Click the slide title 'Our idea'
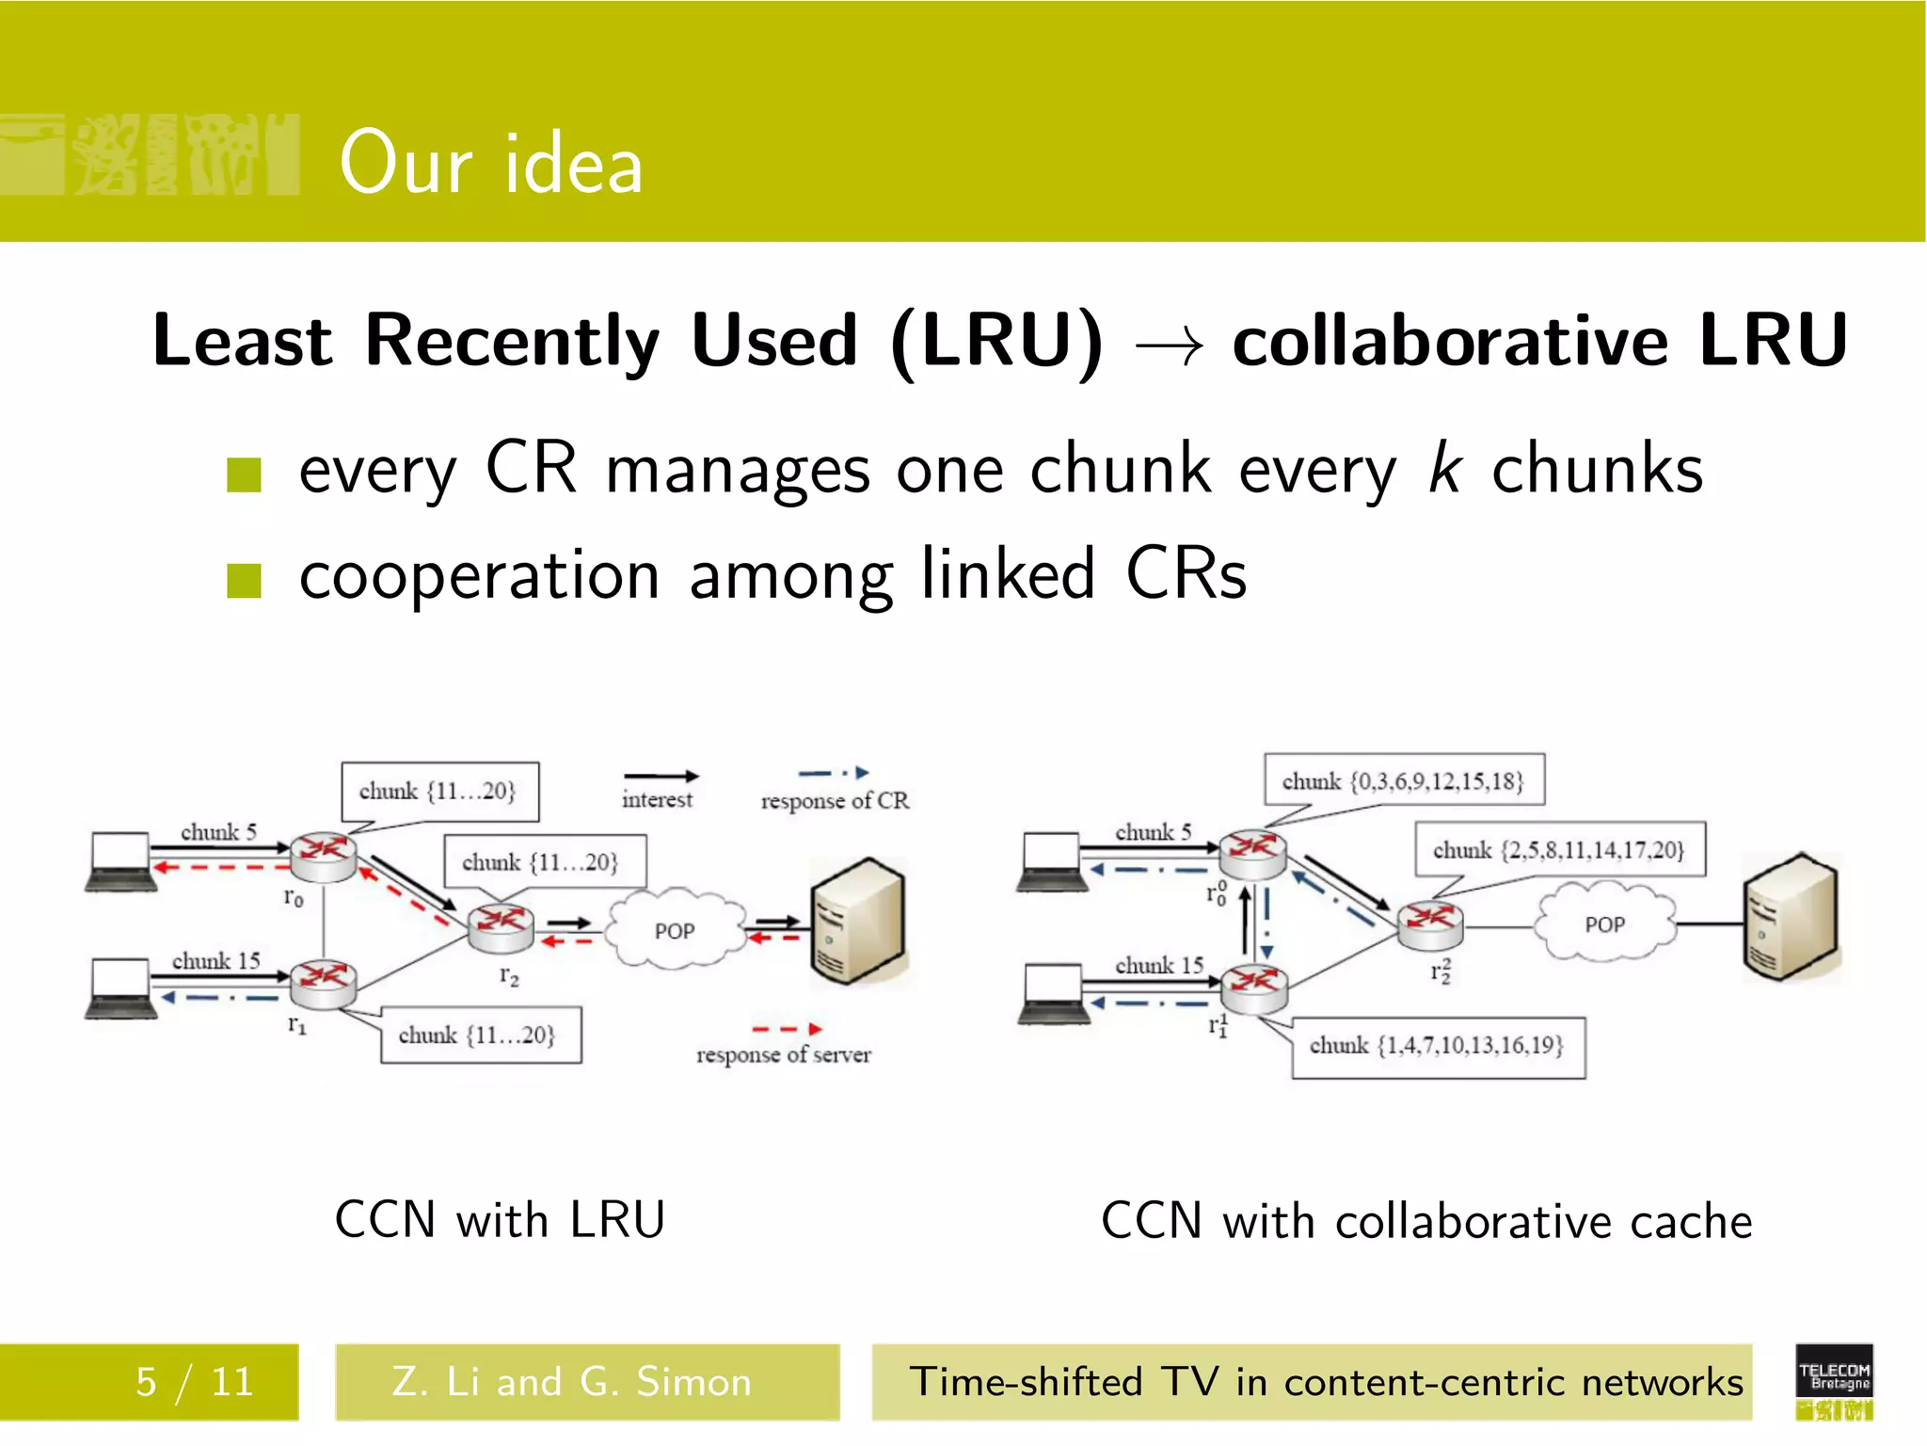490,164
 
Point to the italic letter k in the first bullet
1444,468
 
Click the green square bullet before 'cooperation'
244,581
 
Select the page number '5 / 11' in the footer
195,1382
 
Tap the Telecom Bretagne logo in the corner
1833,1382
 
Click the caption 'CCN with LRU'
500,1220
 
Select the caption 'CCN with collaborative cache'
1426,1221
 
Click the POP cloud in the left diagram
674,930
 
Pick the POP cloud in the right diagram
1604,924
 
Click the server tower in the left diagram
857,922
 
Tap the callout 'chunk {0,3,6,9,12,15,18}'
1403,780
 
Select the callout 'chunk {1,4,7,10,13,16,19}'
1437,1046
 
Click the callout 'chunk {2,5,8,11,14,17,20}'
1559,850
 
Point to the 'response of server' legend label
783,1054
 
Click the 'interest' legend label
657,799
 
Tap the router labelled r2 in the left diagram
502,927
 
